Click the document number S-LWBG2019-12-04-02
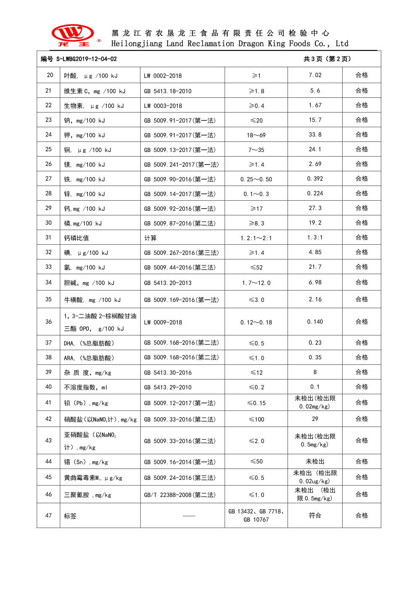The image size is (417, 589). [x=79, y=59]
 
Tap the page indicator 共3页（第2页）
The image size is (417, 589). [x=327, y=59]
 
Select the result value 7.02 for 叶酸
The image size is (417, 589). [x=315, y=75]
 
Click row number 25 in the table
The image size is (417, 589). [x=48, y=149]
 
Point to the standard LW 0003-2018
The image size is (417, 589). [x=163, y=106]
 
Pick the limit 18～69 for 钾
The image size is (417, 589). [x=256, y=135]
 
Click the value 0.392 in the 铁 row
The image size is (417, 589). [x=315, y=179]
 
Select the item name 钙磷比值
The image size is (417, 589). [x=77, y=238]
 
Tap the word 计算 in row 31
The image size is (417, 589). [x=150, y=238]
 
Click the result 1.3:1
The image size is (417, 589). [x=315, y=238]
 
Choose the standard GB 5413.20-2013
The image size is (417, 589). [x=167, y=283]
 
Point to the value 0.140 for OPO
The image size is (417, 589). [x=315, y=322]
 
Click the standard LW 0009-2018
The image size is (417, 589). [x=163, y=322]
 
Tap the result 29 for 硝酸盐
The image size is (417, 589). [x=315, y=419]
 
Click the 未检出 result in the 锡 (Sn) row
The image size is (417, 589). [x=315, y=462]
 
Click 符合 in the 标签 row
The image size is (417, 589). [x=315, y=516]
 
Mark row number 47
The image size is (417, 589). [x=48, y=516]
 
